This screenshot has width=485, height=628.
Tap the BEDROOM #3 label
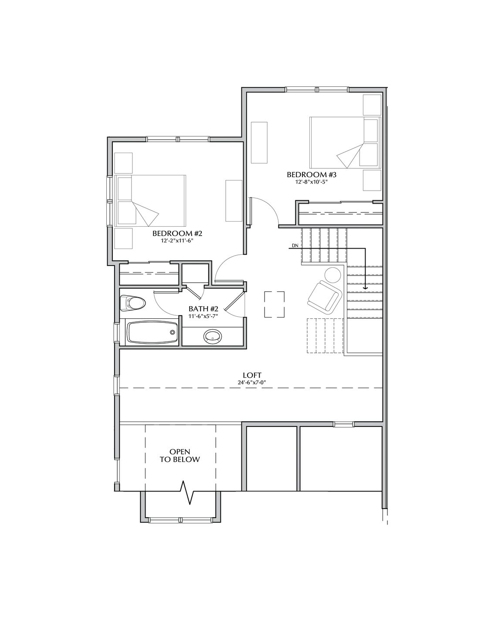coord(312,175)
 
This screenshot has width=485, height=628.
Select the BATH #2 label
coord(203,309)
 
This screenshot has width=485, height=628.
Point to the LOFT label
coord(252,375)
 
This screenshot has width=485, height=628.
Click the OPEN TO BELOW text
coord(180,455)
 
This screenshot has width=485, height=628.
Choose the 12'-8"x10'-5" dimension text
coord(311,182)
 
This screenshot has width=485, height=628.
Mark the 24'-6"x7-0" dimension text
coord(252,382)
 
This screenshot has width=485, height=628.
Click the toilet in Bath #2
coord(132,303)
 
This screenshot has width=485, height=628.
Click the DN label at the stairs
coord(295,246)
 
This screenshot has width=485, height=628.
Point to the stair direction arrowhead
coord(366,288)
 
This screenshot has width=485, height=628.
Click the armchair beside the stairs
coord(323,297)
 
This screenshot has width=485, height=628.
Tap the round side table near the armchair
coord(334,275)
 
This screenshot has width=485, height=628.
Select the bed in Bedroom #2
coord(150,201)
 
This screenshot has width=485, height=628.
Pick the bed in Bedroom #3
coord(345,143)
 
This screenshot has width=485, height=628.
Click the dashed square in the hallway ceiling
coord(274,304)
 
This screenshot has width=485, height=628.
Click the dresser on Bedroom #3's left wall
coord(259,143)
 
